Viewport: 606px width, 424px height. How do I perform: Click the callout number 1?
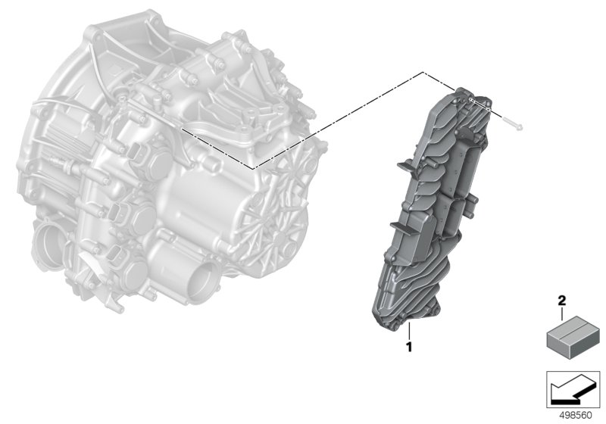point(408,347)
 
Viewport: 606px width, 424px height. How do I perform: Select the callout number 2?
point(562,300)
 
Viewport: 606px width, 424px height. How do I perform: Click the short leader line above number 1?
point(408,332)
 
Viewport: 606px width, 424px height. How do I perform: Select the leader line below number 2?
point(562,313)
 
